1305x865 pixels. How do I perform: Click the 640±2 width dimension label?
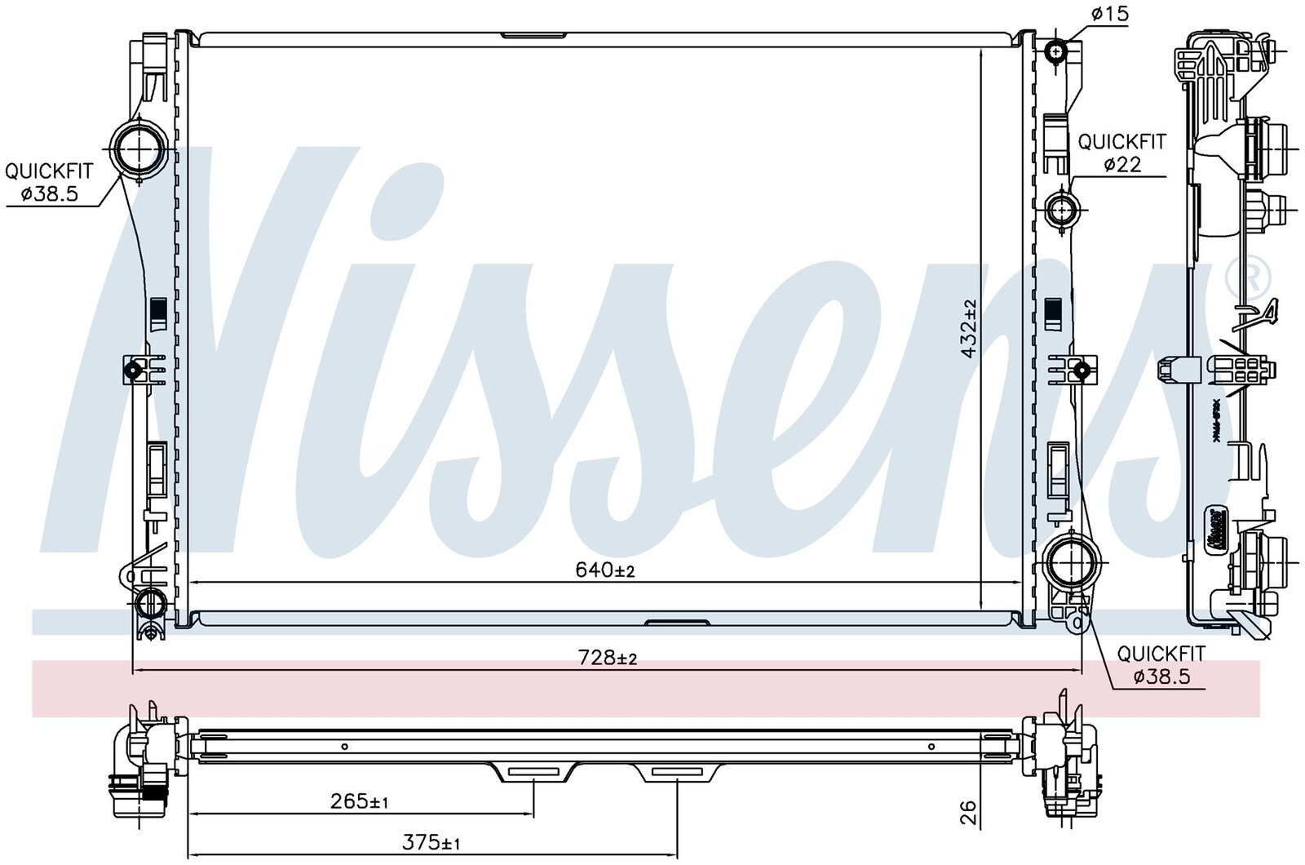click(604, 570)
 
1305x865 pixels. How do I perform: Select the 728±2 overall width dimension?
click(607, 658)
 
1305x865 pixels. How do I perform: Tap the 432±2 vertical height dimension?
click(968, 329)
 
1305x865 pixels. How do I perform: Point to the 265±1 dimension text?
click(359, 801)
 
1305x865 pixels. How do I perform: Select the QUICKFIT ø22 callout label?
click(1122, 153)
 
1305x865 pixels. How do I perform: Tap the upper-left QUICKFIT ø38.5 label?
click(49, 183)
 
